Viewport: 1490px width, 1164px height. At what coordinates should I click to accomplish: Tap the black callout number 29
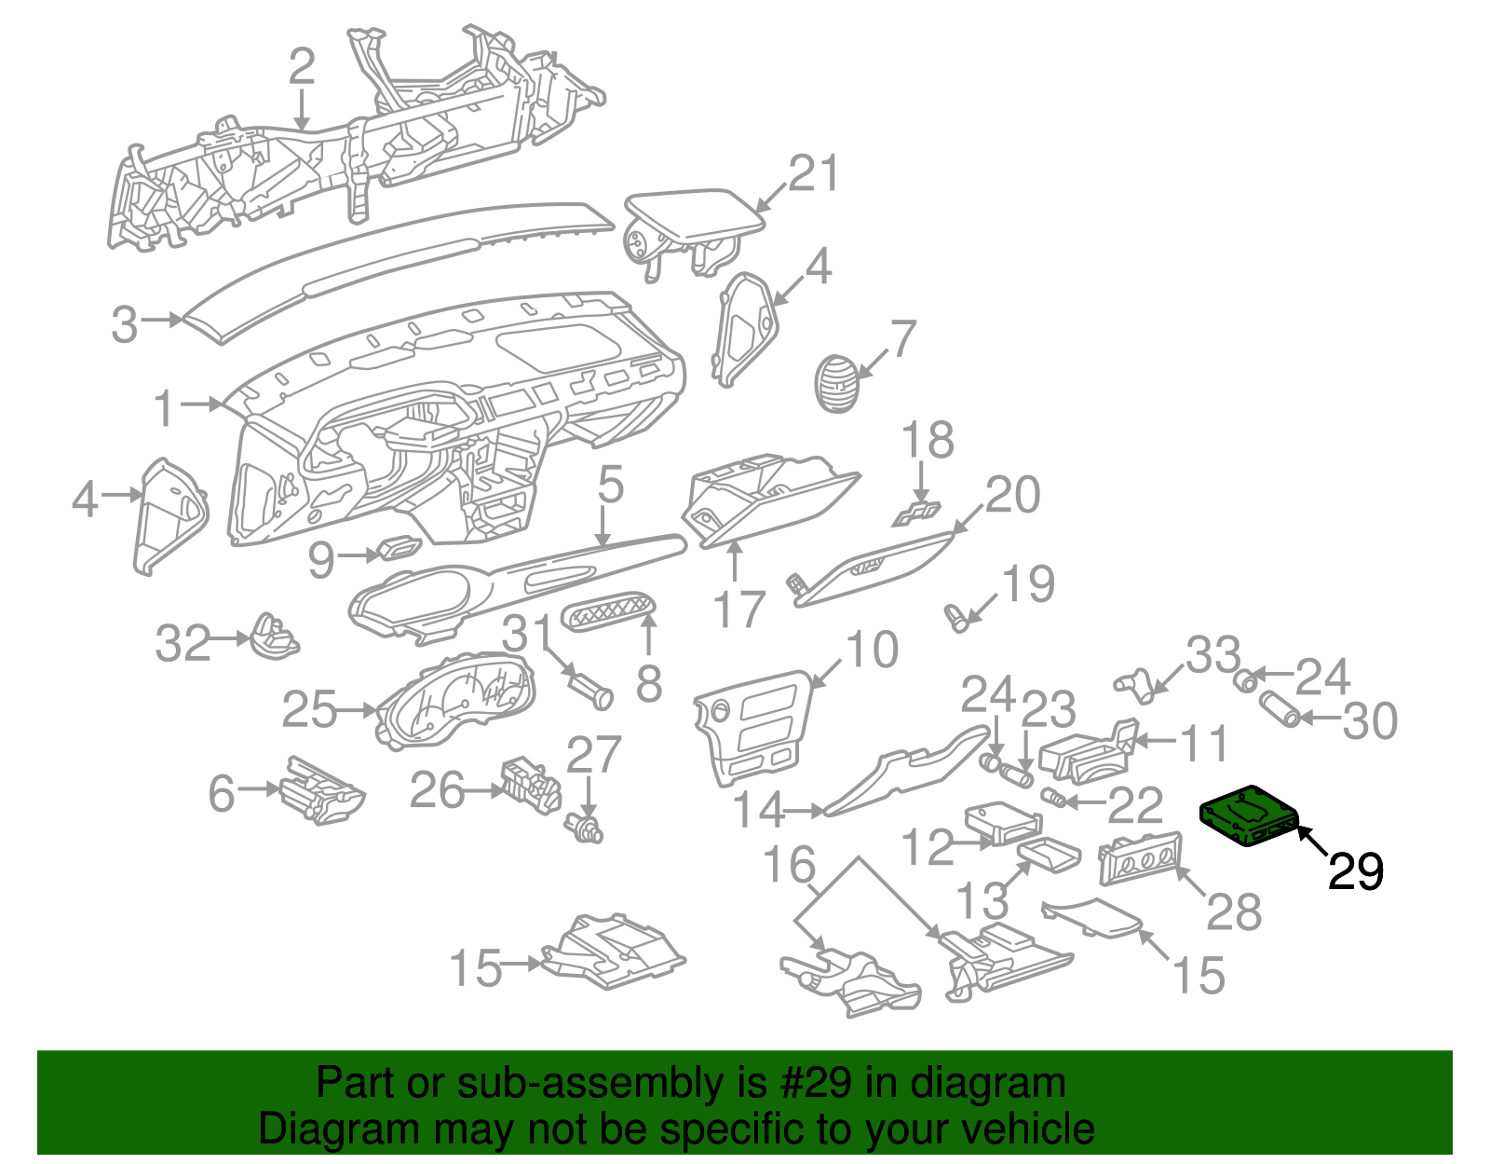1355,872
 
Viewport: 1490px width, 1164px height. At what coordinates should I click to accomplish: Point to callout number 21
814,173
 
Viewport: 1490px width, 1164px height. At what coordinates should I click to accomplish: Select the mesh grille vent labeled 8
609,615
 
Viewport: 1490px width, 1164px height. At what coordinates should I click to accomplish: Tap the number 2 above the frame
302,66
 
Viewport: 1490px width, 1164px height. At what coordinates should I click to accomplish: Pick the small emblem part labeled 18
916,512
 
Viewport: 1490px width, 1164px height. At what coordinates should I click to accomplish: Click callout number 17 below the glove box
738,610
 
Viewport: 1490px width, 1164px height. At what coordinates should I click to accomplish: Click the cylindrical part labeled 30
1280,708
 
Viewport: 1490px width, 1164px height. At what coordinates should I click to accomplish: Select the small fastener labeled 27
585,827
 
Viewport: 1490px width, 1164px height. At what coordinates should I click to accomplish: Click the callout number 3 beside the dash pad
125,323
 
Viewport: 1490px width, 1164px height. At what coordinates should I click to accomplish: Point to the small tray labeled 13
1050,853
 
